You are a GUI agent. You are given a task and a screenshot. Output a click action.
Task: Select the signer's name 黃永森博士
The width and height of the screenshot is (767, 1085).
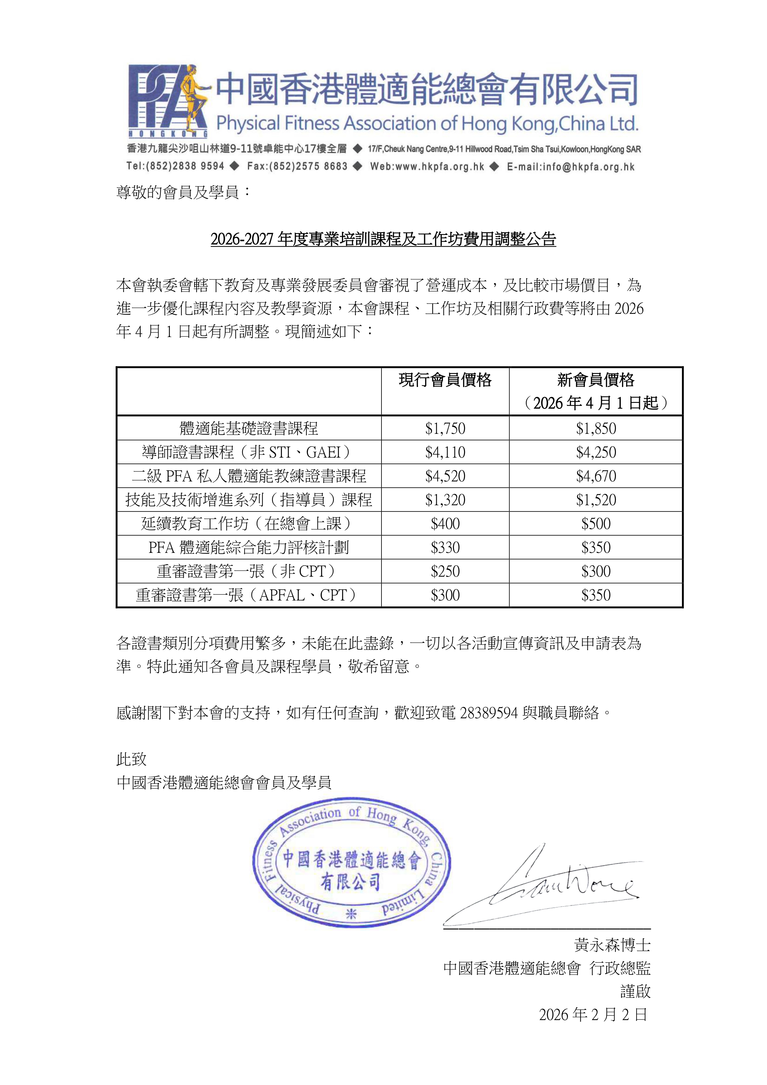click(612, 945)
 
